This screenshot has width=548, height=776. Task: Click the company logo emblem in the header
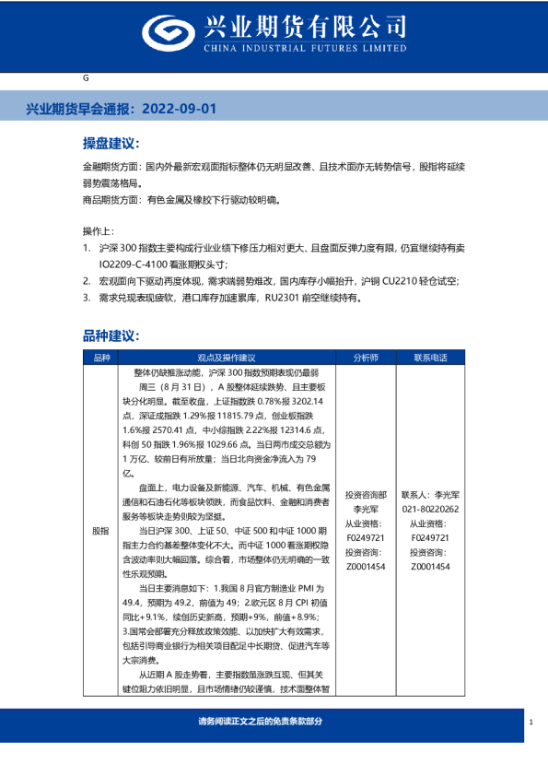167,33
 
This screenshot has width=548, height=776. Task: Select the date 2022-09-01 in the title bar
181,109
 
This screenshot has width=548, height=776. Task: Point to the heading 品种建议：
111,335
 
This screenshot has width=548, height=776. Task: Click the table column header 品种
100,358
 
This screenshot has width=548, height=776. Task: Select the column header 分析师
365,358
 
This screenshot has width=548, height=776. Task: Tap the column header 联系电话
430,358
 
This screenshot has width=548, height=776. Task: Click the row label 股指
100,532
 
